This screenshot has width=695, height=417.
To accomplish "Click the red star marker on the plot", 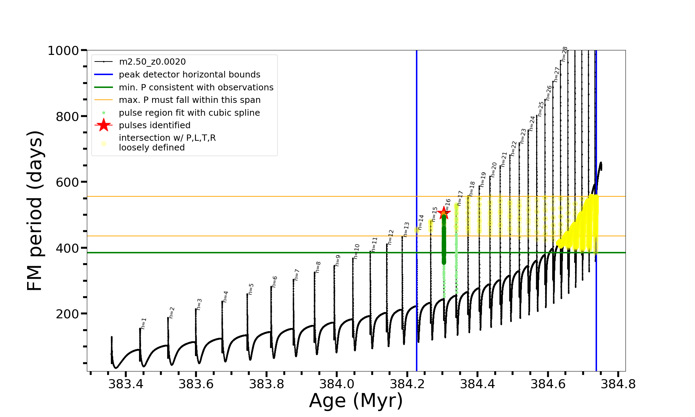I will click(x=444, y=213).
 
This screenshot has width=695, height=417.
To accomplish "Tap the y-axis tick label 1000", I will click(x=63, y=51).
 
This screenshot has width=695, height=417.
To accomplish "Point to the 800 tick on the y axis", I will click(x=67, y=116).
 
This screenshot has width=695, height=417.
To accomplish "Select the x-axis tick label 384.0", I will click(x=336, y=384).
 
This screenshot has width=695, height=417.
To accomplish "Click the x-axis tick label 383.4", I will click(x=126, y=384).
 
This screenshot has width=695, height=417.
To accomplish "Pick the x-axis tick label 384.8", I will click(x=618, y=384).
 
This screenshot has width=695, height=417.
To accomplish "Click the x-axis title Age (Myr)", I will click(x=356, y=401).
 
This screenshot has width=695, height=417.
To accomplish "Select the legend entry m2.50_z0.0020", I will click(x=152, y=62).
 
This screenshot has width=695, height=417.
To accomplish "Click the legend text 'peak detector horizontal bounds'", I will click(x=189, y=75).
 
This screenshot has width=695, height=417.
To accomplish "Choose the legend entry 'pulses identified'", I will click(x=155, y=125).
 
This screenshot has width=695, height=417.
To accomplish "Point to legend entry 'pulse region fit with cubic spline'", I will click(x=189, y=113).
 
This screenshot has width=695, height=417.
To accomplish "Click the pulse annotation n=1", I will click(x=144, y=324).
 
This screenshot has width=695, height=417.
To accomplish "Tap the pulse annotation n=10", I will click(x=357, y=251).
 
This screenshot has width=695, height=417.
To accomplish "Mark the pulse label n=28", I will click(x=565, y=54).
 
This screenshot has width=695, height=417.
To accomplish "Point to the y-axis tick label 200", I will click(x=67, y=314).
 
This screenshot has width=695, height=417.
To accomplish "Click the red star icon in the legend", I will click(x=104, y=125).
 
